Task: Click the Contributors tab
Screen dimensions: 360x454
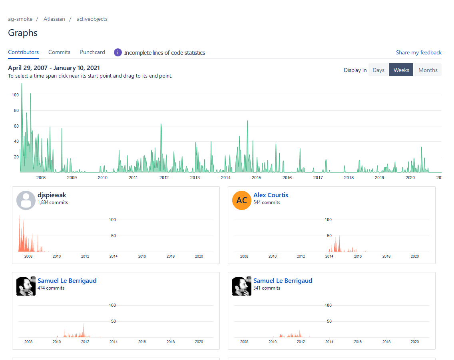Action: tap(23, 52)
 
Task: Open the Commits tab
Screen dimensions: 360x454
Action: tap(59, 52)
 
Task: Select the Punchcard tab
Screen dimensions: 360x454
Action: tap(92, 52)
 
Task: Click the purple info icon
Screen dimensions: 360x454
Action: tap(118, 52)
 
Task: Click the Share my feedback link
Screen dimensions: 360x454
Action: tap(418, 52)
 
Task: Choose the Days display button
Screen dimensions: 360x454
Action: tap(378, 70)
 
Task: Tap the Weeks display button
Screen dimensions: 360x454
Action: tap(401, 70)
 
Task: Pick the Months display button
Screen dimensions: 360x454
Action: tap(428, 70)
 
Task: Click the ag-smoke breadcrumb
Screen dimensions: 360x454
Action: tap(20, 19)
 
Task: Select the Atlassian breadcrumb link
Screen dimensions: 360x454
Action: tap(54, 19)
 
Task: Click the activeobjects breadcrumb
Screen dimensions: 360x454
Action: tap(92, 19)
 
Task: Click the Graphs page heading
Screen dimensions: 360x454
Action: tap(23, 33)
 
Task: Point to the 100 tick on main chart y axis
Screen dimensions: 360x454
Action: tap(15, 95)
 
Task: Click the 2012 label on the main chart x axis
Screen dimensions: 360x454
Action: tap(164, 178)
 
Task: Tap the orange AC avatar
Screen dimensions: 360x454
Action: tap(242, 200)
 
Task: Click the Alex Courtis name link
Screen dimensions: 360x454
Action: tap(271, 195)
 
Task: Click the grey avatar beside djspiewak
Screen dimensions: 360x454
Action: tap(26, 200)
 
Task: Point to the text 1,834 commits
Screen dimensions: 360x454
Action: tap(53, 202)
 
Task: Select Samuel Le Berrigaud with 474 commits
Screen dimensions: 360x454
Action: tap(67, 281)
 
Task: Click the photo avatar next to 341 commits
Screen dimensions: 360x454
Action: tap(242, 286)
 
